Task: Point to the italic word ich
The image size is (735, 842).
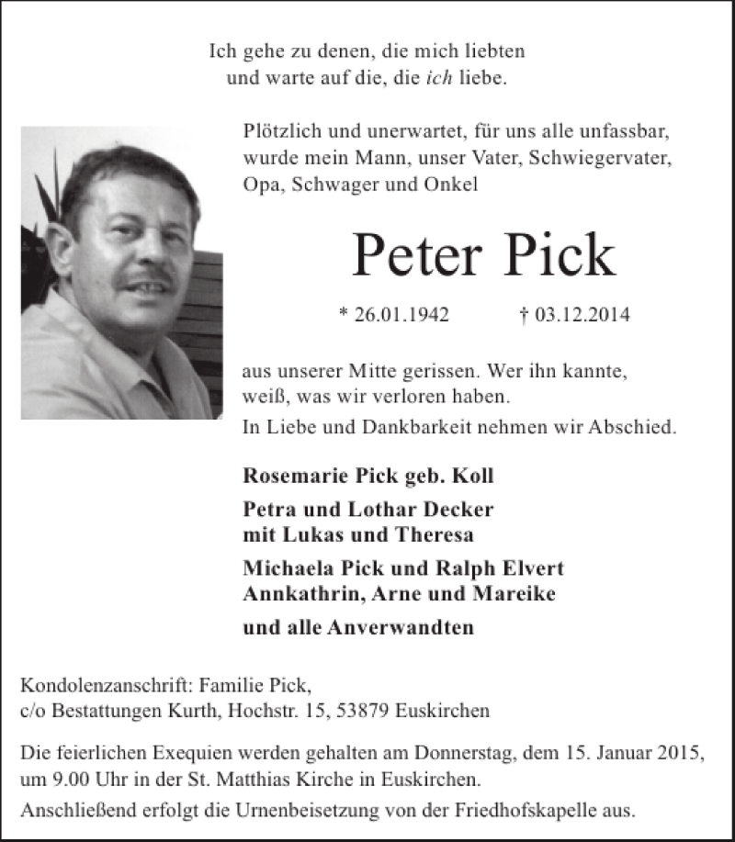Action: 439,78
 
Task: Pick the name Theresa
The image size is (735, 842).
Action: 440,534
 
